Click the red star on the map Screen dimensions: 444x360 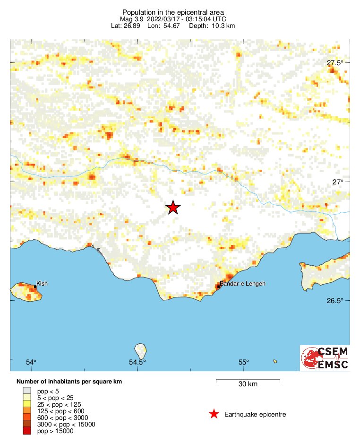[173, 208]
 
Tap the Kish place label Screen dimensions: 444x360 [42, 284]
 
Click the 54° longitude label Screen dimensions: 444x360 [31, 362]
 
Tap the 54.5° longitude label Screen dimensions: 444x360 [137, 362]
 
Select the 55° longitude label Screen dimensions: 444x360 [243, 362]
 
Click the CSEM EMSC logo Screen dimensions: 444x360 [325, 358]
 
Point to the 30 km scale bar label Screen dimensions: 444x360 [248, 384]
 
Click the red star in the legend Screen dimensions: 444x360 [214, 414]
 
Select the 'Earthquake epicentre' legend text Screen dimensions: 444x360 [256, 415]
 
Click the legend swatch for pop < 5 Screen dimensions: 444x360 [26, 391]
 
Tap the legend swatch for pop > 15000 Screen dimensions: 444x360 [26, 431]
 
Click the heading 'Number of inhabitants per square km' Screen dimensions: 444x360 [70, 381]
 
